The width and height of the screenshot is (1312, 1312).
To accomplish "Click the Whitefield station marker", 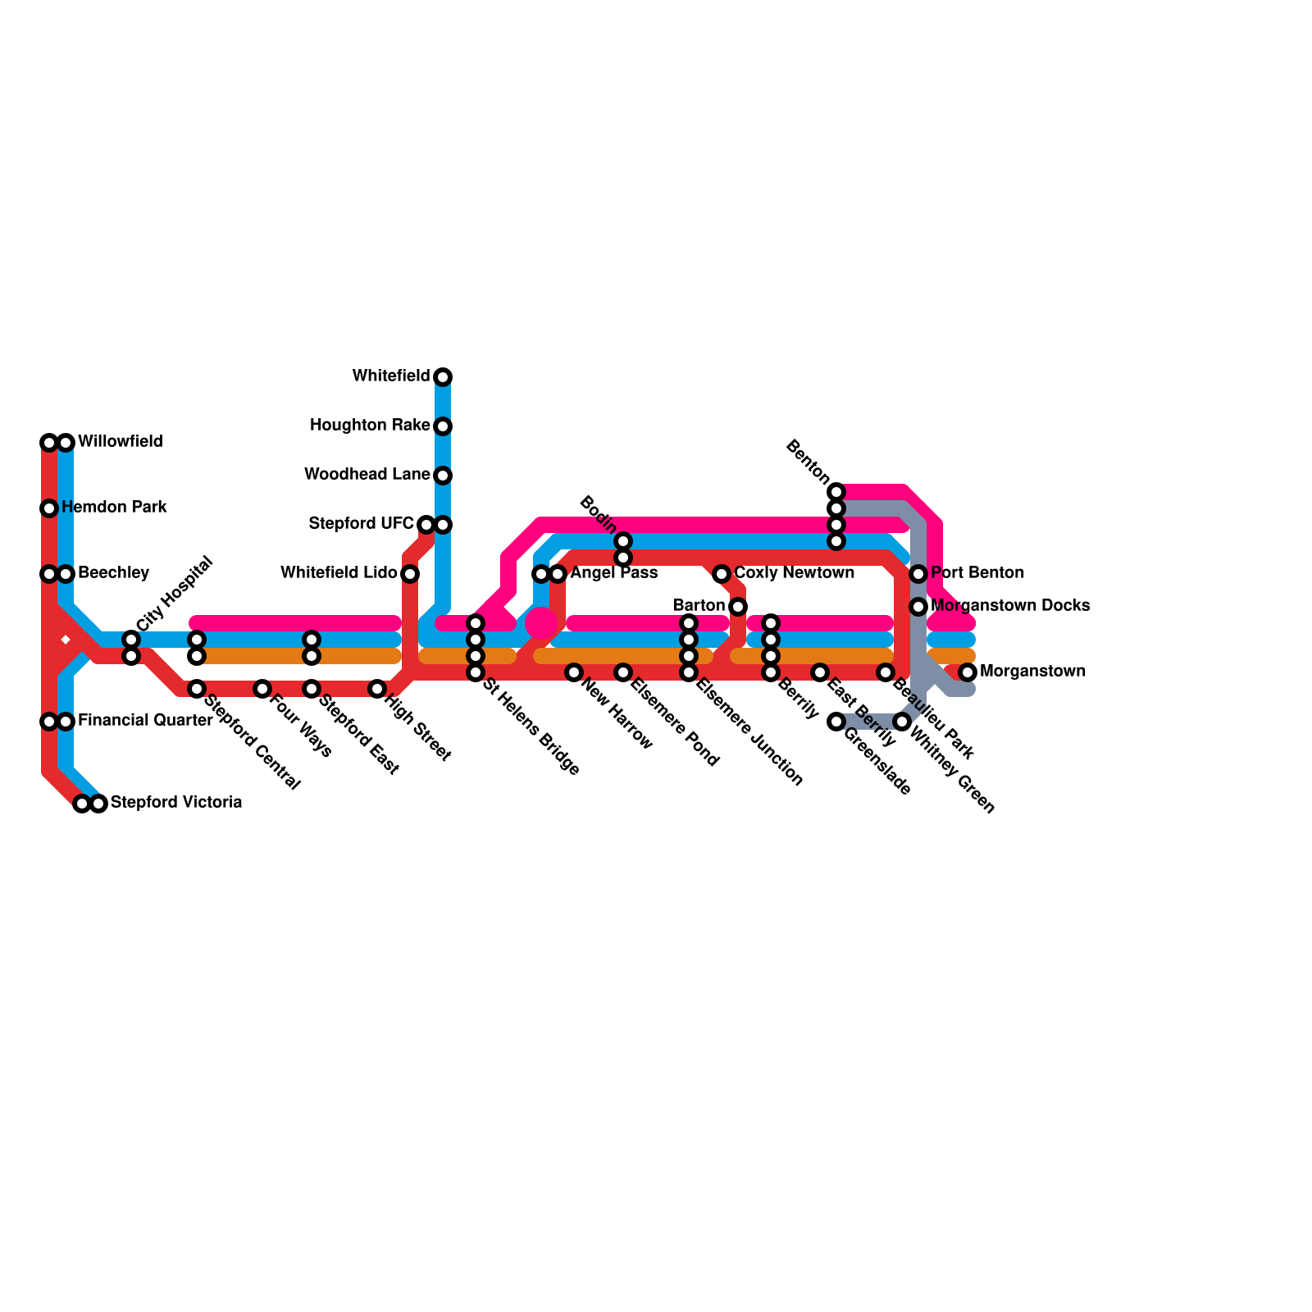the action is tap(443, 377).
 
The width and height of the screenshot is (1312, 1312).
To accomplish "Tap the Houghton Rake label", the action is tap(370, 426).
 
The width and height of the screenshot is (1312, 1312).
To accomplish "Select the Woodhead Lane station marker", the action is tap(443, 476).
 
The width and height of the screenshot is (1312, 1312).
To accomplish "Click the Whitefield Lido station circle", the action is tap(410, 574).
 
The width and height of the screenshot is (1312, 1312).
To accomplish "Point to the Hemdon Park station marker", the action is tap(49, 508).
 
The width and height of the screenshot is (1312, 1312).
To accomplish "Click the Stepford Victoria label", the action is tap(176, 802).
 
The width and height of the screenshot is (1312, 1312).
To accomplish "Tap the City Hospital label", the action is tap(175, 594).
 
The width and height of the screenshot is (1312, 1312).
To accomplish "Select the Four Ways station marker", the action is tap(262, 689).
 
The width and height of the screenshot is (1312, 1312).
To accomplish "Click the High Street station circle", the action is tap(377, 689).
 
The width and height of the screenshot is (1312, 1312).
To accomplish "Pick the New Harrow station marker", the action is tap(574, 672).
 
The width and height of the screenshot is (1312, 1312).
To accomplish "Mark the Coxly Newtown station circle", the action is tap(722, 574).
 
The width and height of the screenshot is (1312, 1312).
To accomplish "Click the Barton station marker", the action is tap(738, 607).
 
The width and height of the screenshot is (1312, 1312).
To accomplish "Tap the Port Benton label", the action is tap(977, 572).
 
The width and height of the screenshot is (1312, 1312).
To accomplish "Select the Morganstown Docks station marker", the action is tap(918, 607).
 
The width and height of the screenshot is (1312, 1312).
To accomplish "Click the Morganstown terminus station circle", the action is tap(968, 672).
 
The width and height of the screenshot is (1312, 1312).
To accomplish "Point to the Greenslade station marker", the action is tap(836, 722).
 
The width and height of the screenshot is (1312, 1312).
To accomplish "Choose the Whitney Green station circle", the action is tap(902, 722).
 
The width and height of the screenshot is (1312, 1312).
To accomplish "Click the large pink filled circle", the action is tap(541, 623).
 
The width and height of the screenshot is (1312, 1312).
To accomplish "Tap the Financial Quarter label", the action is tap(145, 720).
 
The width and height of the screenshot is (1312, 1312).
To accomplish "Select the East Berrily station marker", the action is tap(820, 672).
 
